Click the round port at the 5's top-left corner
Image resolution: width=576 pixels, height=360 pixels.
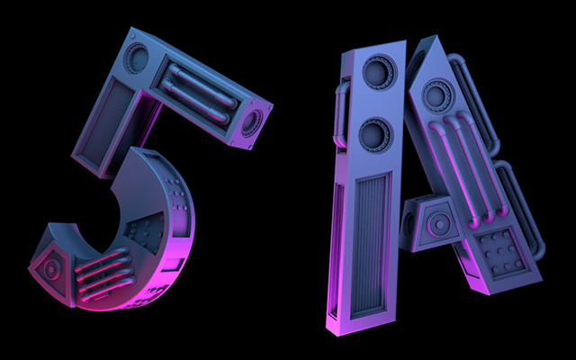pos(136,58)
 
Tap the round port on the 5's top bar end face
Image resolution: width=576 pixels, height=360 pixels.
pos(252,122)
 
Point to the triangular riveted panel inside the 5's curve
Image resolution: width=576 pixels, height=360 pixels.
pos(147,232)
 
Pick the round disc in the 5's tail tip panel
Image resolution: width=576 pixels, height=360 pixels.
pos(52,268)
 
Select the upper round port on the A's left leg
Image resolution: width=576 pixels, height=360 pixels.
pos(380,71)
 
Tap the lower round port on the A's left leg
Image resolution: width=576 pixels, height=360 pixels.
pos(374,134)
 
